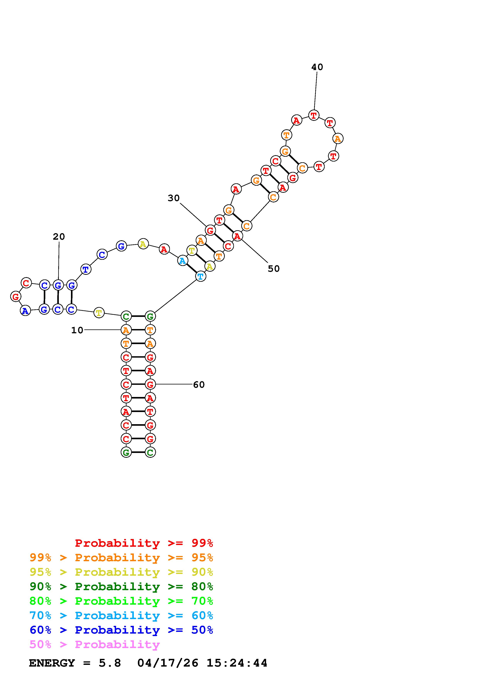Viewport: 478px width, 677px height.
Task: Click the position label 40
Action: click(x=317, y=67)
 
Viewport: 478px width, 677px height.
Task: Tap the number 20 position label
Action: click(x=59, y=236)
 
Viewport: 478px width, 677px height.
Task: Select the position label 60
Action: click(x=199, y=384)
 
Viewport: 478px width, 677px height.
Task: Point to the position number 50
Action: click(x=274, y=269)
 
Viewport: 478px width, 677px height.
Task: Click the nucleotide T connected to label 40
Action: click(x=314, y=115)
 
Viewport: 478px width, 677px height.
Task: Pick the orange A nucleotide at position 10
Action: click(x=126, y=330)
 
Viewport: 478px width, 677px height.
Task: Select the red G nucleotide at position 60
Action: click(x=150, y=384)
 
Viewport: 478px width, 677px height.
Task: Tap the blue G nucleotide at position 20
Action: click(x=58, y=285)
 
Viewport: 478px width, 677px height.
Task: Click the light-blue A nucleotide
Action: click(x=183, y=261)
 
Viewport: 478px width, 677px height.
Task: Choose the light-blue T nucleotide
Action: click(x=201, y=276)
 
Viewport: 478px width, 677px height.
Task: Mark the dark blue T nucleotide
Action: click(x=86, y=269)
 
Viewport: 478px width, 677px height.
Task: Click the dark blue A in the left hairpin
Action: click(x=26, y=311)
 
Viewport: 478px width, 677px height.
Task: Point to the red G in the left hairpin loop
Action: click(x=16, y=296)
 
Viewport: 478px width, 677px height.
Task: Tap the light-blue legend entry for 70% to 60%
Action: click(x=121, y=615)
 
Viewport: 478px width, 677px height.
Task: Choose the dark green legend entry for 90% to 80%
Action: click(x=121, y=586)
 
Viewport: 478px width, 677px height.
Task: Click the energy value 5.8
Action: click(x=110, y=663)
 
